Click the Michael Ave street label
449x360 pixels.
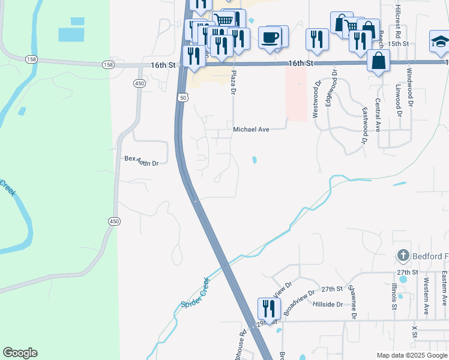coord(251,129)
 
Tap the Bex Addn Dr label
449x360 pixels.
coord(141,160)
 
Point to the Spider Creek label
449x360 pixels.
coord(196,292)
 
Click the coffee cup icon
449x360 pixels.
coord(270,37)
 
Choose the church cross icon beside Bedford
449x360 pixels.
coord(403,256)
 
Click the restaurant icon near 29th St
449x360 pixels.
coord(268,308)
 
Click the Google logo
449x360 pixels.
coord(20,353)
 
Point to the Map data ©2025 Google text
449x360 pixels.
coord(412,355)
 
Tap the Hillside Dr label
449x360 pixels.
coord(328,304)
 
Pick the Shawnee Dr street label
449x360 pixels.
coord(353,305)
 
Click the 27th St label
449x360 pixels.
coord(331,289)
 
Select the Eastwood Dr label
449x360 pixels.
coord(364,124)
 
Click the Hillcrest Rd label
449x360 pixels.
coord(397,21)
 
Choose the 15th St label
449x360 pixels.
coord(397,44)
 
